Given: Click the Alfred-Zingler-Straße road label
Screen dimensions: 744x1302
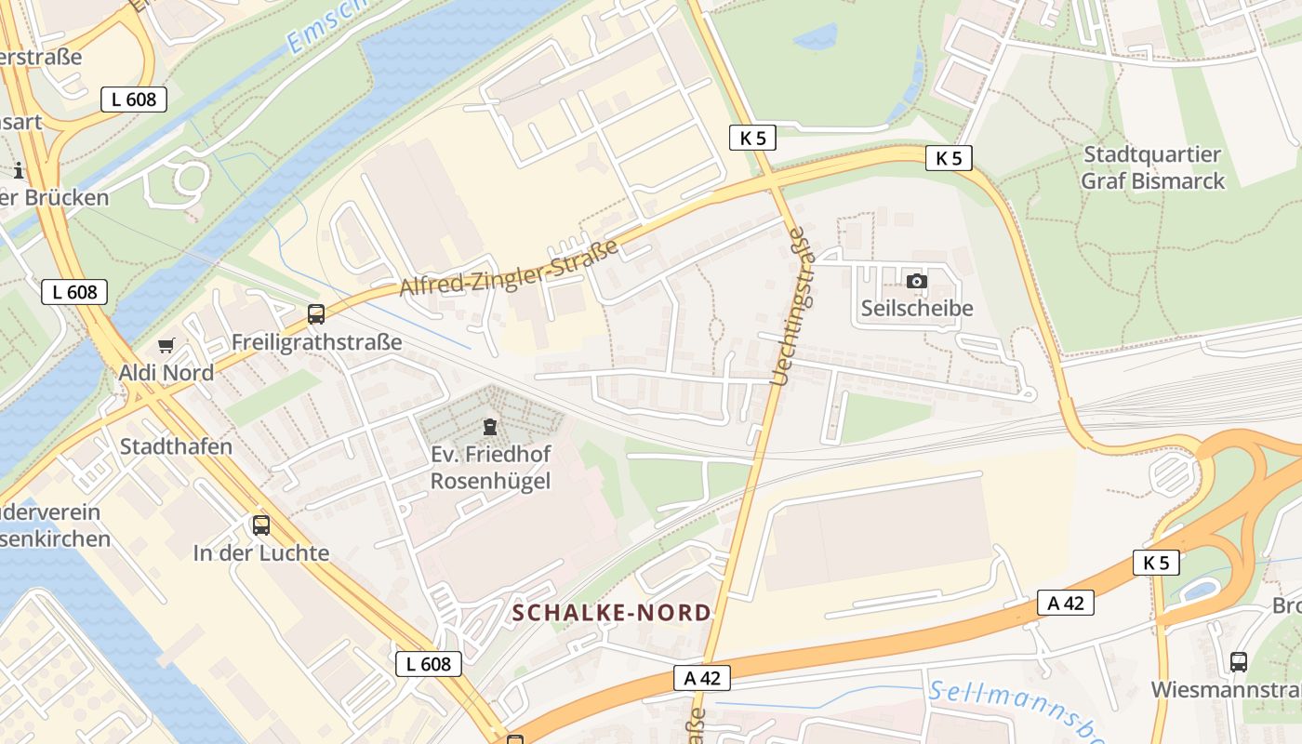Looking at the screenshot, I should pyautogui.click(x=509, y=269).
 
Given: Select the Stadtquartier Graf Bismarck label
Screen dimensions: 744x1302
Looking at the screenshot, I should pyautogui.click(x=1152, y=167).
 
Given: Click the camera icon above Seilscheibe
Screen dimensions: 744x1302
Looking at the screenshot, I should pyautogui.click(x=916, y=281).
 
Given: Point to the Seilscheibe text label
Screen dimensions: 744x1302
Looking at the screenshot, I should pyautogui.click(x=916, y=308).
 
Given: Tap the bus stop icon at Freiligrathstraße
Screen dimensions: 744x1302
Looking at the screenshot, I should pyautogui.click(x=316, y=314).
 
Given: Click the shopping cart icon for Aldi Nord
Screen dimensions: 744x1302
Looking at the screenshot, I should pyautogui.click(x=166, y=346).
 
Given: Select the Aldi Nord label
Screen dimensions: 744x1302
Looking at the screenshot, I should pyautogui.click(x=166, y=373).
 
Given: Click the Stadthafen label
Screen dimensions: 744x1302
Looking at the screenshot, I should pyautogui.click(x=176, y=446).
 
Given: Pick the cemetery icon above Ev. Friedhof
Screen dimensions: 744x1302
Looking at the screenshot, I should pyautogui.click(x=490, y=427).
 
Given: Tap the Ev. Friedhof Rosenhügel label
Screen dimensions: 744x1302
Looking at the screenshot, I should pyautogui.click(x=490, y=467).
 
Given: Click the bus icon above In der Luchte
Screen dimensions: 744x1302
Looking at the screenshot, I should pyautogui.click(x=261, y=525).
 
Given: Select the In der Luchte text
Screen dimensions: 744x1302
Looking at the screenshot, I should pyautogui.click(x=261, y=552).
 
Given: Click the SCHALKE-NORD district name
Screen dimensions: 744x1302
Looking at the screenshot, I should pyautogui.click(x=612, y=613).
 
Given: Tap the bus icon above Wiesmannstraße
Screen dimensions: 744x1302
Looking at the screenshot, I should pyautogui.click(x=1238, y=662).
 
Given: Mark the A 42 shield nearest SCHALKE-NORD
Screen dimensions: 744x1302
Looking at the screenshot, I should pyautogui.click(x=702, y=678).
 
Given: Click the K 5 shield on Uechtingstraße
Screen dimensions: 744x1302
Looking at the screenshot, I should pyautogui.click(x=752, y=138).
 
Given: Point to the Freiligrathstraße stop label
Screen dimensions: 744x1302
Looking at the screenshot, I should pyautogui.click(x=316, y=342).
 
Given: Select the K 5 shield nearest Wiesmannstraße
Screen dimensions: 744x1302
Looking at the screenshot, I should pyautogui.click(x=1156, y=563).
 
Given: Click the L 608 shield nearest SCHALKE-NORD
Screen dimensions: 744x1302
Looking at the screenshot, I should pyautogui.click(x=429, y=663).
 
